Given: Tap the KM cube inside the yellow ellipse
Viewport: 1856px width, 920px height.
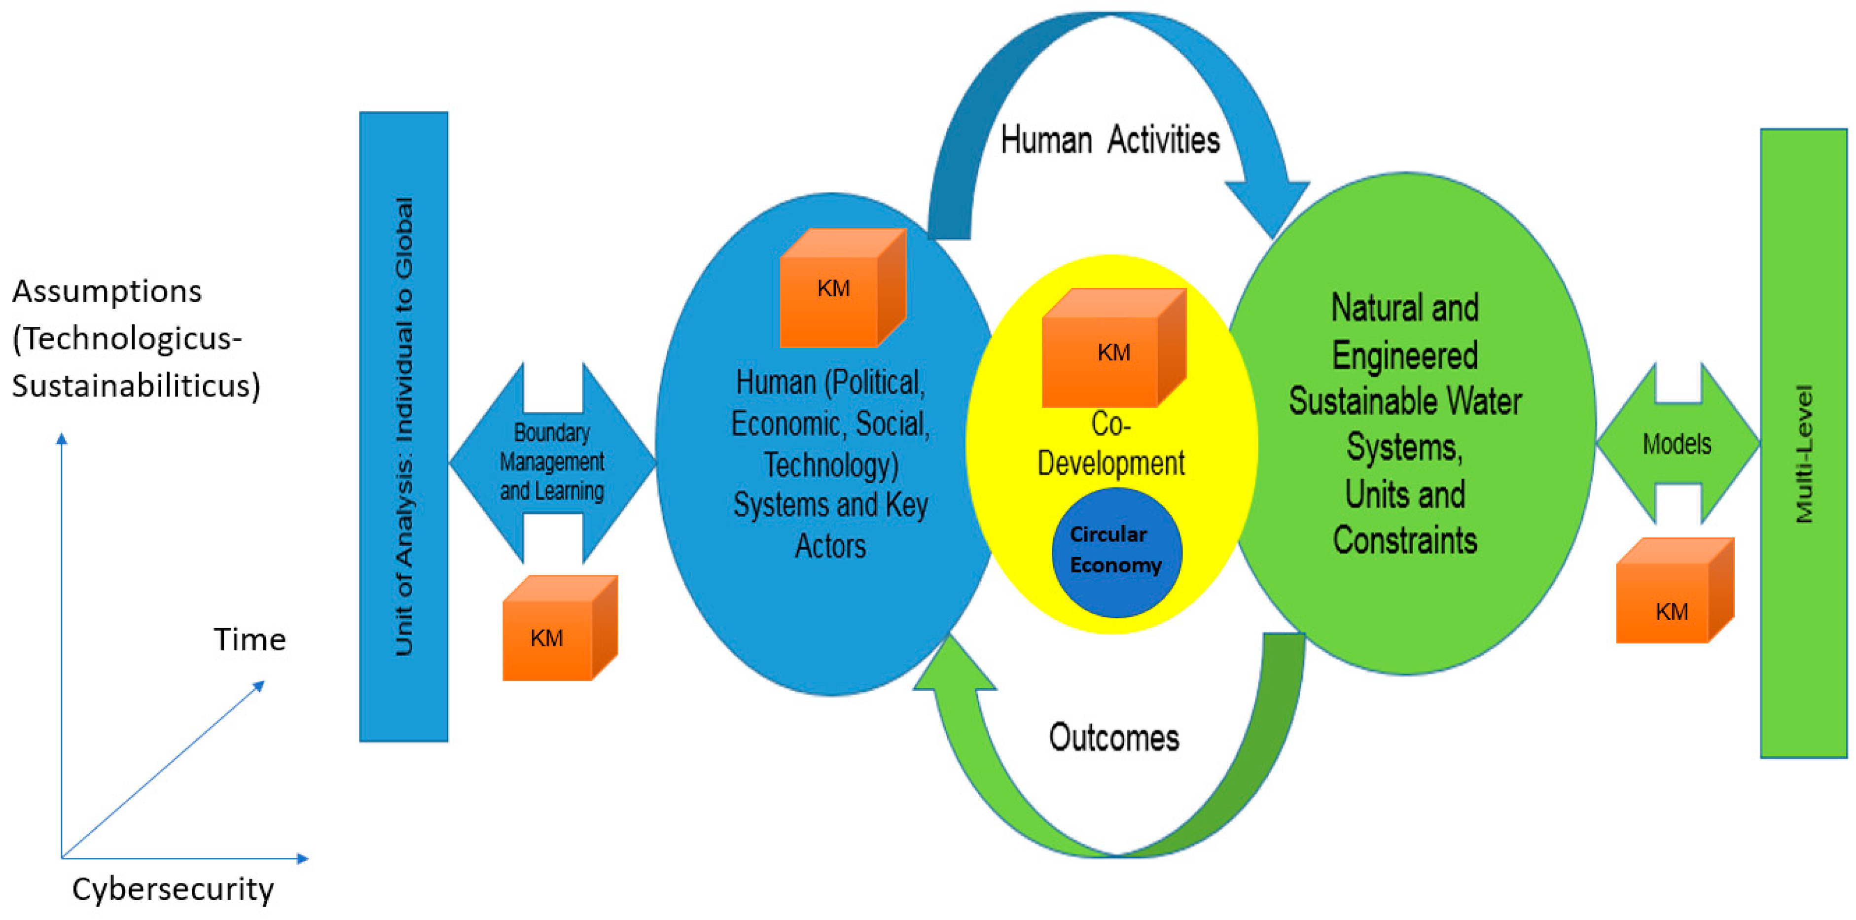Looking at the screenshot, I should tap(1113, 350).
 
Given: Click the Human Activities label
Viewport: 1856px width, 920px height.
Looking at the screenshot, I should tap(1109, 140).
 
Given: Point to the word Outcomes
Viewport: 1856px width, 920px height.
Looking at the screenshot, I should tap(1114, 738).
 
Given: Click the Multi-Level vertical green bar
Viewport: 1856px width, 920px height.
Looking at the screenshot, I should tap(1803, 444).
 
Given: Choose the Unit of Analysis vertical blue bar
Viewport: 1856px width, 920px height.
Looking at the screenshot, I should tap(403, 426).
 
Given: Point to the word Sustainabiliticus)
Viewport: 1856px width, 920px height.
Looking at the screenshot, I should tap(136, 386).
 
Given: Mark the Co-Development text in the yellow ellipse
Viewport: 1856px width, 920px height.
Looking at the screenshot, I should tap(1110, 445).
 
